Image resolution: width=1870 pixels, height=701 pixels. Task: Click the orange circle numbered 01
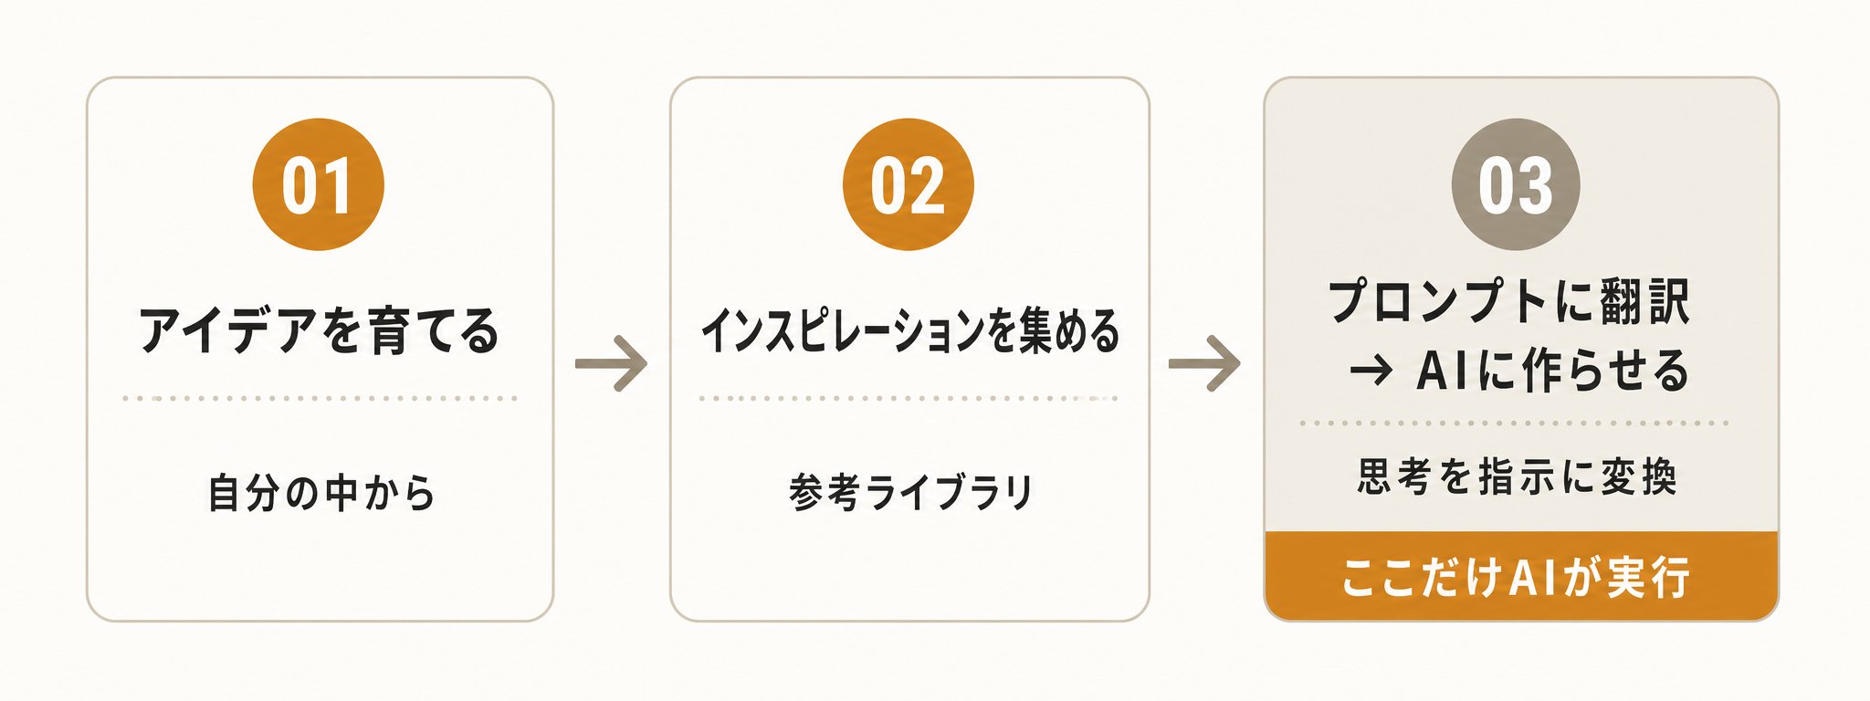point(318,184)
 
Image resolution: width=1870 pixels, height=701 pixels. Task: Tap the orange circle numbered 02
point(908,184)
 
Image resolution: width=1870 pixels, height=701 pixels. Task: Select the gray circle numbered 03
point(1516,184)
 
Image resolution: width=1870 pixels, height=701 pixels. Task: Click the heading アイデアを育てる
point(319,330)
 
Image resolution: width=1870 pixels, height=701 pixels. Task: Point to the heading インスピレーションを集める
point(909,330)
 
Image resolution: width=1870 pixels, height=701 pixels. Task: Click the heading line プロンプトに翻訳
point(1509,301)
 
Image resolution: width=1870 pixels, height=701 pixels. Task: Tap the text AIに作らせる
point(1552,371)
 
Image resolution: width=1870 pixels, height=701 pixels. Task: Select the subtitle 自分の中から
point(321,492)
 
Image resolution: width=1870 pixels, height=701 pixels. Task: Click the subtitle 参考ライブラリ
point(910,492)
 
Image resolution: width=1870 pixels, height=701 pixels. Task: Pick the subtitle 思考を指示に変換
point(1517,476)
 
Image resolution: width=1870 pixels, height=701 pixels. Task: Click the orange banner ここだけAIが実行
point(1521,576)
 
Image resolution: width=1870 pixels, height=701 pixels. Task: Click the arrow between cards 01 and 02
point(611,364)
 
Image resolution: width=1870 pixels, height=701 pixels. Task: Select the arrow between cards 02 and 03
point(1204,364)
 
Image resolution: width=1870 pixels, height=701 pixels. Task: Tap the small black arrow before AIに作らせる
point(1371,371)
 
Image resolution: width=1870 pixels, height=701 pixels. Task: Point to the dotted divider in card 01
point(320,398)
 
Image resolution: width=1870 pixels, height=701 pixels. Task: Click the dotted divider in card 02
point(909,398)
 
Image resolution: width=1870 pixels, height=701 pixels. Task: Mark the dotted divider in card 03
point(1514,423)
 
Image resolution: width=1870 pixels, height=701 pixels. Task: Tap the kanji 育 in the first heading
point(389,330)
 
